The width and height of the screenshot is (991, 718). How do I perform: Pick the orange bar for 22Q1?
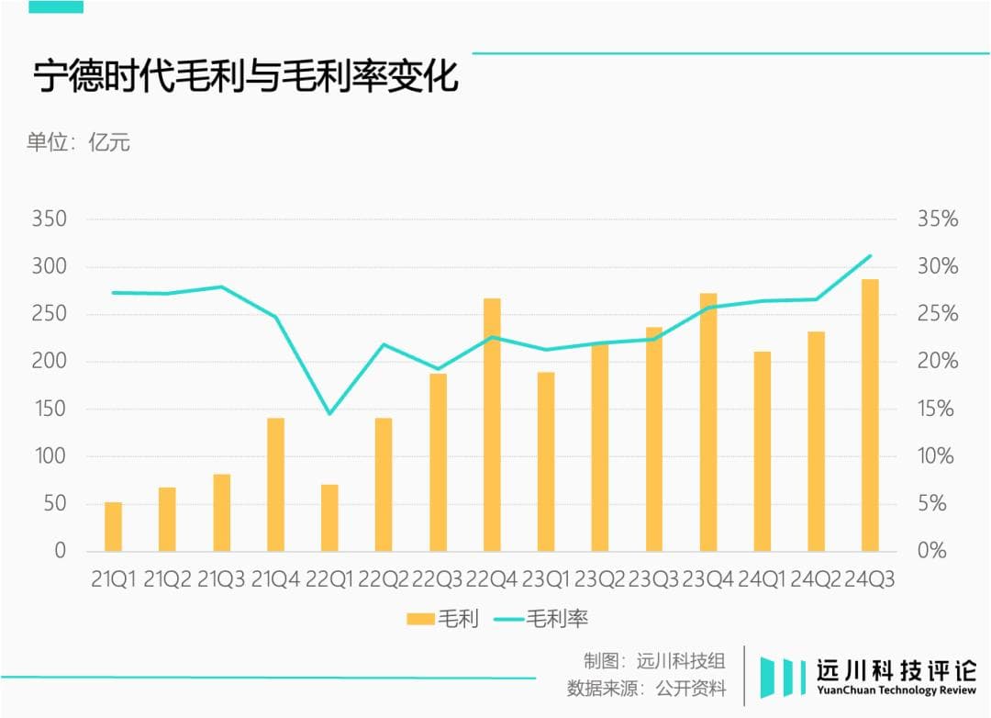click(329, 518)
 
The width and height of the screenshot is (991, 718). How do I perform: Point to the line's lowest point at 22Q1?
click(329, 413)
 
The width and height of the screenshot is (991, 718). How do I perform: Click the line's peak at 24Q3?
click(870, 255)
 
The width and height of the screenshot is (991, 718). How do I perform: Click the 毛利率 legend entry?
click(541, 619)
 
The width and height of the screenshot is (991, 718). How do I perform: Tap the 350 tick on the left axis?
click(49, 219)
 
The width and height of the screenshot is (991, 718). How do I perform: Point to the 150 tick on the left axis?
click(49, 409)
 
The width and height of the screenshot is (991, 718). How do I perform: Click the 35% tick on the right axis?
click(937, 219)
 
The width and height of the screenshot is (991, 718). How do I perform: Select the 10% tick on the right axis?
click(937, 456)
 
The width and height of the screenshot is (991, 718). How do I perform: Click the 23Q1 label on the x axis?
click(546, 579)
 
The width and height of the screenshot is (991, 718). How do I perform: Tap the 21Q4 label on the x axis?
click(275, 579)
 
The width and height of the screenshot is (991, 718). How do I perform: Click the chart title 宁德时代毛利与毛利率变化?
click(246, 78)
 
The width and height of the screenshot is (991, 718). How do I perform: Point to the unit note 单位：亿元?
click(78, 142)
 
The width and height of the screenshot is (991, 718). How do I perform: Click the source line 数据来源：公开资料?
click(646, 688)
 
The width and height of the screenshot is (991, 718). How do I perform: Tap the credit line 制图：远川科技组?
click(654, 660)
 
